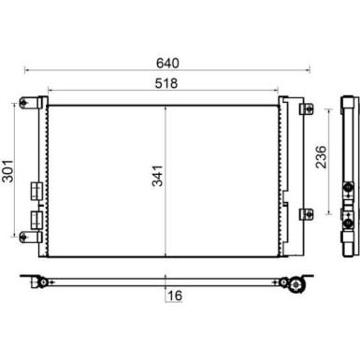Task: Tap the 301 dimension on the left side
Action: point(8,171)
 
